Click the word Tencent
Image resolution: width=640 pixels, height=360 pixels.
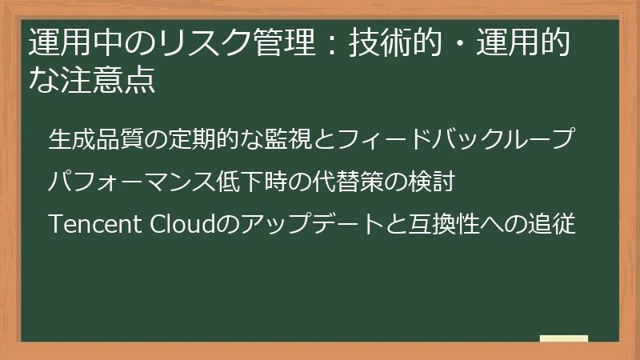pos(95,225)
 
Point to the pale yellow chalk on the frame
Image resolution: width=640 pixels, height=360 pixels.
pos(564,338)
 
